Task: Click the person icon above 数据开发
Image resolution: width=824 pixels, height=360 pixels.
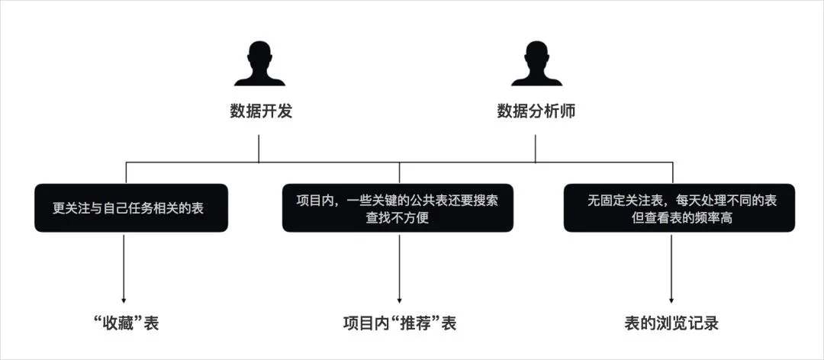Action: point(259,63)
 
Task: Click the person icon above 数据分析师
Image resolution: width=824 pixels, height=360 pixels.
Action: point(536,63)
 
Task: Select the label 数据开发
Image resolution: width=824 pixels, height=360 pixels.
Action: point(261,111)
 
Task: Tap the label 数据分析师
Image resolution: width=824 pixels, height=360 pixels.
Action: point(536,111)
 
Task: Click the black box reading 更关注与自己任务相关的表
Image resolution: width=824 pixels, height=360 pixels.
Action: point(131,207)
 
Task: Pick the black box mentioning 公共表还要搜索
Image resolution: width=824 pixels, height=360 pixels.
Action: point(398,207)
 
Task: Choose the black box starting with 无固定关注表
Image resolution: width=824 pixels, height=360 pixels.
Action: point(679,207)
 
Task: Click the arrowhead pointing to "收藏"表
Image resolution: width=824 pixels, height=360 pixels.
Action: point(124,300)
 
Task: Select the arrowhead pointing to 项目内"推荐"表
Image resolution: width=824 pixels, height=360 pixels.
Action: point(399,300)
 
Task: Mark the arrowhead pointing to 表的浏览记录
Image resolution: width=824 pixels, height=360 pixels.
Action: point(671,300)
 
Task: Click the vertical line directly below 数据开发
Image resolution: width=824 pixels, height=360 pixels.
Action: point(259,149)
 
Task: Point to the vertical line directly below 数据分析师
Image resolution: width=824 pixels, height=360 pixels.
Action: point(536,149)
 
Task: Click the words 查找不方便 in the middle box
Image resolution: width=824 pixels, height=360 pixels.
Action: point(398,217)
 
